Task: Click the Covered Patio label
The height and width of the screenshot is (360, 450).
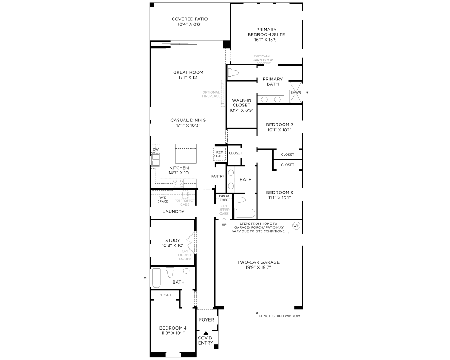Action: coord(189,19)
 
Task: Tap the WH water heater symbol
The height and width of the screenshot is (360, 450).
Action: coord(296,226)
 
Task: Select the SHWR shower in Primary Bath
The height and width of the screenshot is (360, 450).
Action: coord(295,92)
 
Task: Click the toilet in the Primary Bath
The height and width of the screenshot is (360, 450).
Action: coord(233,72)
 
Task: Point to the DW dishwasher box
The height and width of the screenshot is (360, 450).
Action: coord(155,149)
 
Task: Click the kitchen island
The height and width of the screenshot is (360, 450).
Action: coord(185,154)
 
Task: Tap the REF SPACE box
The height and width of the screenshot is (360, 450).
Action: coord(219,154)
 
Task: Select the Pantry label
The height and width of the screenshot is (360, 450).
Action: coord(218,176)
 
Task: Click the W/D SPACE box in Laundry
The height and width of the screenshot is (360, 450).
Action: coord(163,197)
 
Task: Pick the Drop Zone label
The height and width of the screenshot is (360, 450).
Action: coord(224,198)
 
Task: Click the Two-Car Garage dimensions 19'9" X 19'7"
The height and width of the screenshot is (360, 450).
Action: coord(258,267)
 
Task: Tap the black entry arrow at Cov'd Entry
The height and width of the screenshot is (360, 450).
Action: coord(205,333)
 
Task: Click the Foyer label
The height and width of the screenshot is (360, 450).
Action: coord(206,320)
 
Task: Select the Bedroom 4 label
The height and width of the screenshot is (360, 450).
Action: coord(173,328)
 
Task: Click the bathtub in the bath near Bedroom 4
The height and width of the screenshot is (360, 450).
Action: coord(156,277)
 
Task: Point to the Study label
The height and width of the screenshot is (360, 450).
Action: coord(173,240)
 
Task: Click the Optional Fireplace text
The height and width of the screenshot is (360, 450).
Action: coord(211,94)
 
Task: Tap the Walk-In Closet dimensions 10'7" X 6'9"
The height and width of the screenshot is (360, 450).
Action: coord(242,110)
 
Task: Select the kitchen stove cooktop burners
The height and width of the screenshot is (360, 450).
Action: coord(178,183)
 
